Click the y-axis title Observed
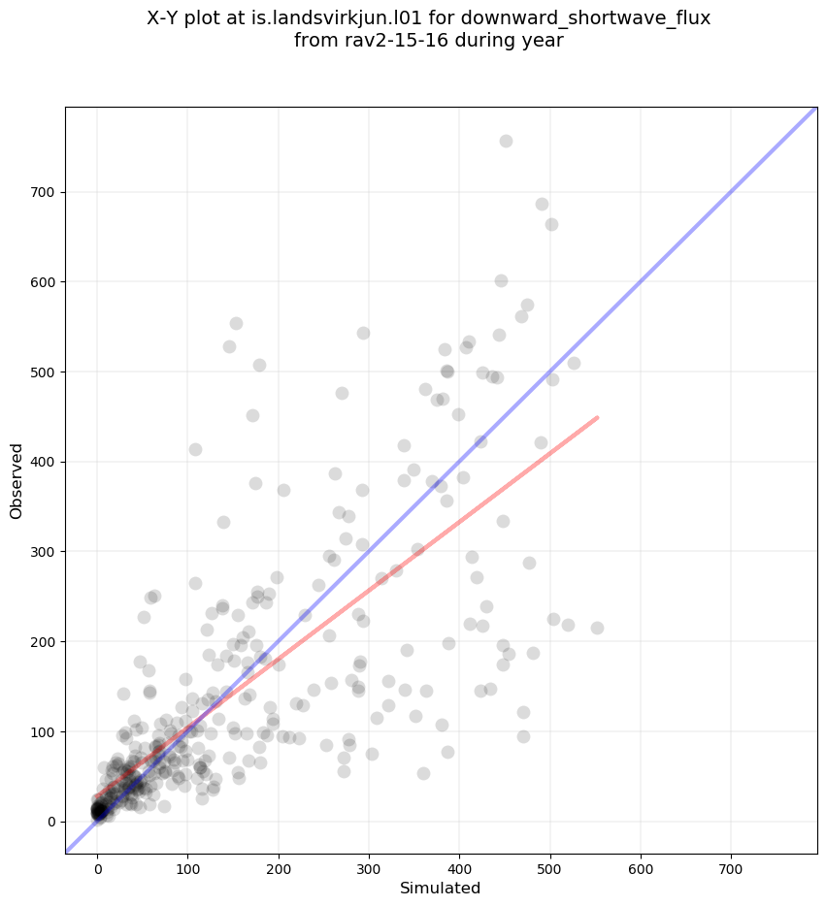(17, 481)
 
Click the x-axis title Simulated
(441, 888)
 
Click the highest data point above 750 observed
(506, 141)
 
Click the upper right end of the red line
(597, 417)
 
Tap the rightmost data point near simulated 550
(597, 628)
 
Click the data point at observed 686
(542, 204)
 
